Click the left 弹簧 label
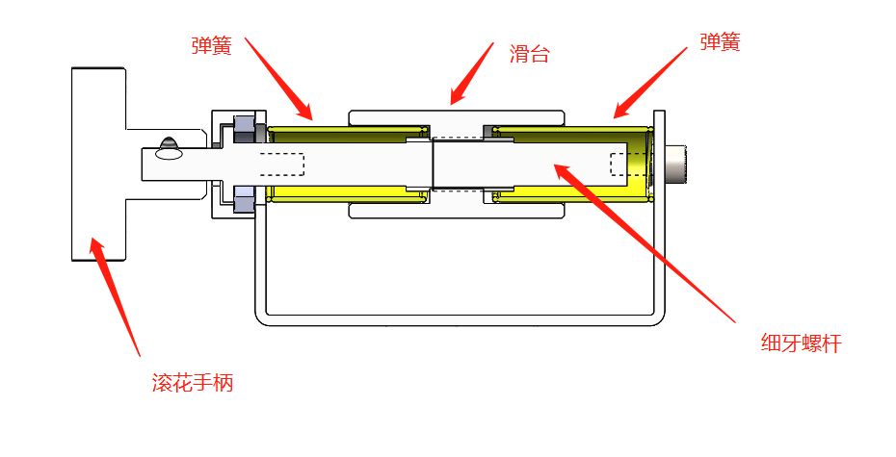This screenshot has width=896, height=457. click(211, 45)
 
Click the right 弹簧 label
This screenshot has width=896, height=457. click(720, 42)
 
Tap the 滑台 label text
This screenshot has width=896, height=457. click(529, 54)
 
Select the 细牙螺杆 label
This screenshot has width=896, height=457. click(801, 343)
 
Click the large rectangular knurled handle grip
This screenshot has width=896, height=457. click(97, 164)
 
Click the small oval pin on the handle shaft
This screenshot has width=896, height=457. click(170, 151)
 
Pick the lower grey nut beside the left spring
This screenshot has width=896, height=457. click(243, 201)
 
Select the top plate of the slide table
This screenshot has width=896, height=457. click(455, 116)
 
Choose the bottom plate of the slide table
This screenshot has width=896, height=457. click(455, 211)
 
